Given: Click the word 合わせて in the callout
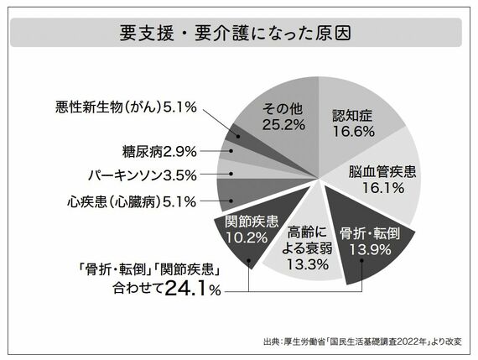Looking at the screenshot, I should point(138,291).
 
